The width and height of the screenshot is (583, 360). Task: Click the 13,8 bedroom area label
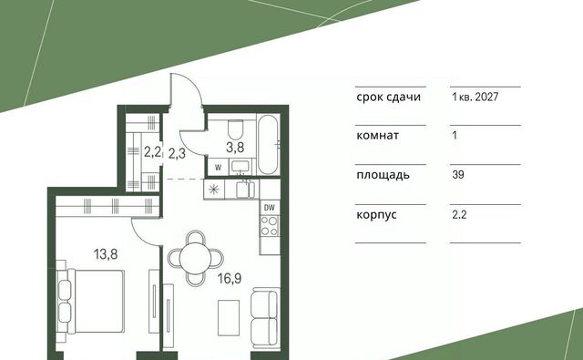[106, 254]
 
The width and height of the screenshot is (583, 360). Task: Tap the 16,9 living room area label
[230, 278]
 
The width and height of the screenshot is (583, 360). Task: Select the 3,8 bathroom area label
[235, 148]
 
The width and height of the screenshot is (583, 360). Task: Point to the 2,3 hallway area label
[177, 153]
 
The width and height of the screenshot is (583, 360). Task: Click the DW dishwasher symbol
[270, 208]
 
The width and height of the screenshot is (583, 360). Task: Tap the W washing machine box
[219, 168]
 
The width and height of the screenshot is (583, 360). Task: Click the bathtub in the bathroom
[269, 144]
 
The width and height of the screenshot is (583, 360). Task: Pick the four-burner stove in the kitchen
[270, 226]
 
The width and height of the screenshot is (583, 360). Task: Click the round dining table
[195, 258]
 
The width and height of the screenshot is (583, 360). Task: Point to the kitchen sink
[245, 190]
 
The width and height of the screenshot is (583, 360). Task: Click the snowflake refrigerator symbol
[213, 190]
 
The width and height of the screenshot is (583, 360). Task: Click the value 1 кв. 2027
[476, 98]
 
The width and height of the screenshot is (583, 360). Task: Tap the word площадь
[383, 175]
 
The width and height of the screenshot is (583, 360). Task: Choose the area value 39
[458, 174]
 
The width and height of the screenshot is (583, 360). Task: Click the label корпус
[376, 215]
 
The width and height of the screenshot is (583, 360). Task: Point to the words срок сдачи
[389, 98]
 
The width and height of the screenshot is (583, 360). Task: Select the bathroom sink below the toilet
[241, 166]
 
